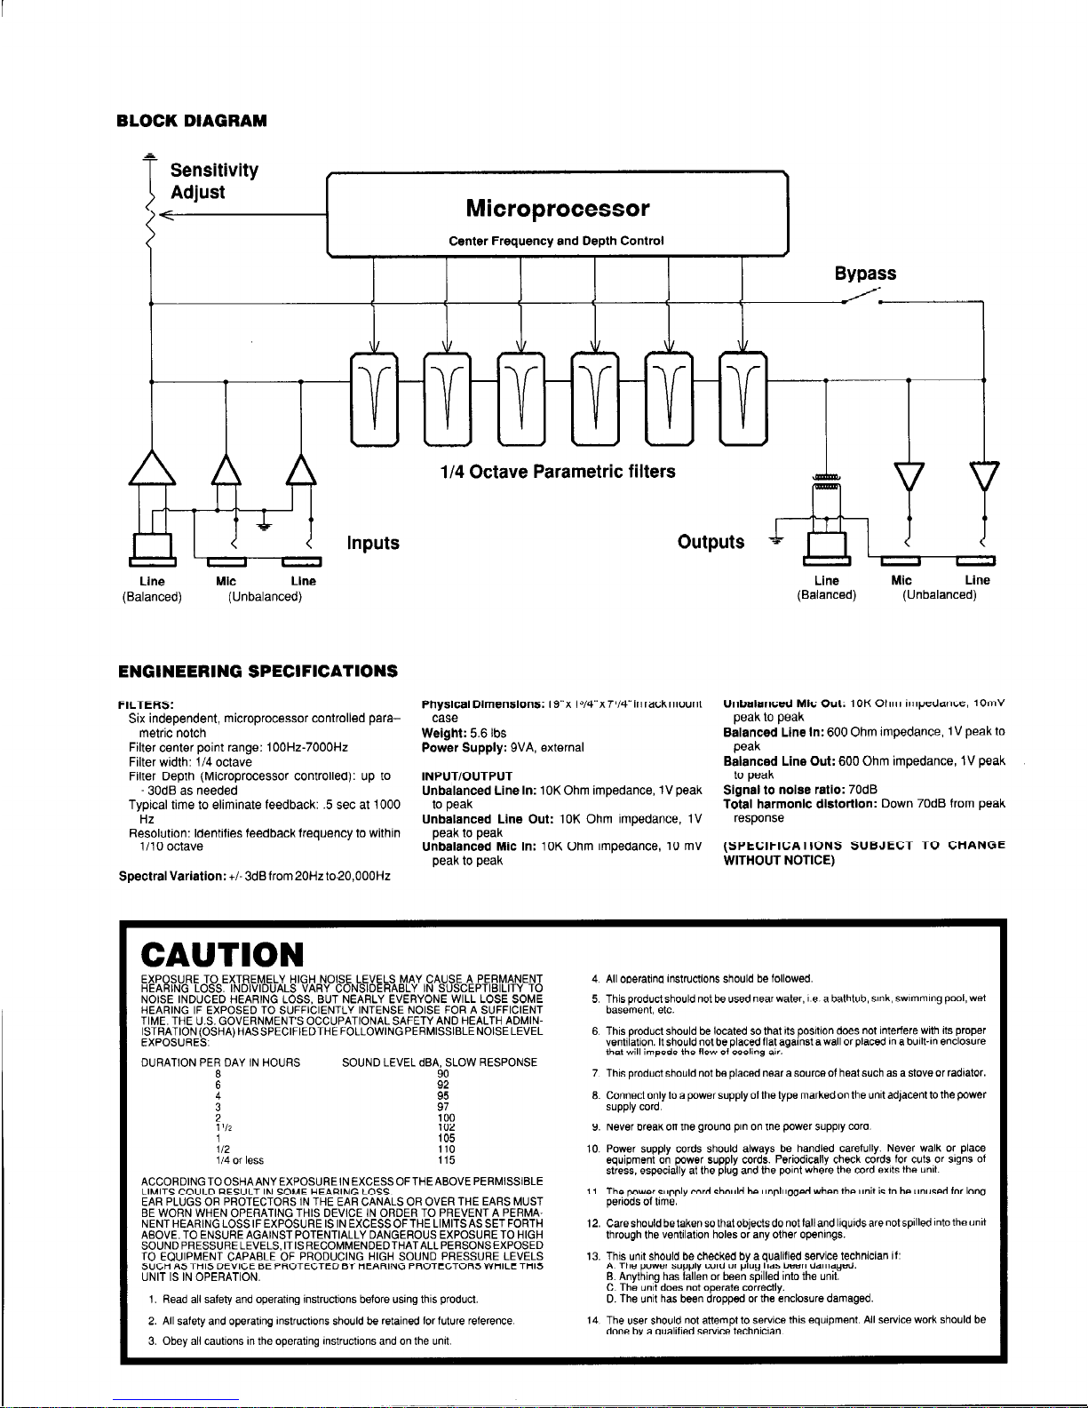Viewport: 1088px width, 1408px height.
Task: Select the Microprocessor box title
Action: coord(558,209)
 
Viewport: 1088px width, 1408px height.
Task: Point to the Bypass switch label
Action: coord(864,274)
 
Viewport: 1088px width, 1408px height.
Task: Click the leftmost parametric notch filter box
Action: coord(376,398)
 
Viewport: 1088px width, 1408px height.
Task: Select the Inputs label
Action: coord(372,543)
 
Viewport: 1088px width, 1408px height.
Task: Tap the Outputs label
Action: coord(711,542)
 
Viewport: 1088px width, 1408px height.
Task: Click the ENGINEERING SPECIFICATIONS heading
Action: coord(257,669)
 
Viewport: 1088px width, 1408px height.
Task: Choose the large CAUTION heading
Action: coord(223,955)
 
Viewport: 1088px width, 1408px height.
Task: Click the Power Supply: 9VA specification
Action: coord(502,747)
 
